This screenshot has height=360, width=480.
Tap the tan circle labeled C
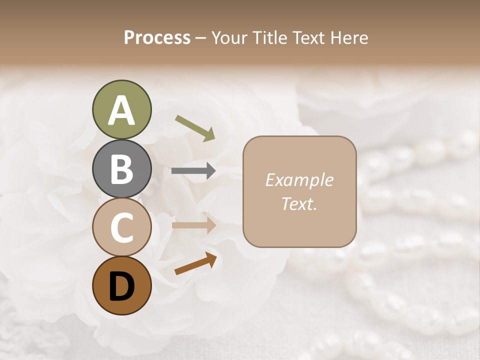121,227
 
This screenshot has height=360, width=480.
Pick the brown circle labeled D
121,285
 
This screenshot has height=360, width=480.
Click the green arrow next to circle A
195,128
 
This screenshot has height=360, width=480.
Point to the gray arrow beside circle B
193,171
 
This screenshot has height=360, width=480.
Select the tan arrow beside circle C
193,225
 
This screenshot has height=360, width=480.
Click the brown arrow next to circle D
195,263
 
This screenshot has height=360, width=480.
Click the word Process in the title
157,37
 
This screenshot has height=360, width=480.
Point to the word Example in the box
299,180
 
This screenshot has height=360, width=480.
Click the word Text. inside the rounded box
299,204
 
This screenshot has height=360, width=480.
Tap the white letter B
121,169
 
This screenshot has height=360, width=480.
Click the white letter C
121,228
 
